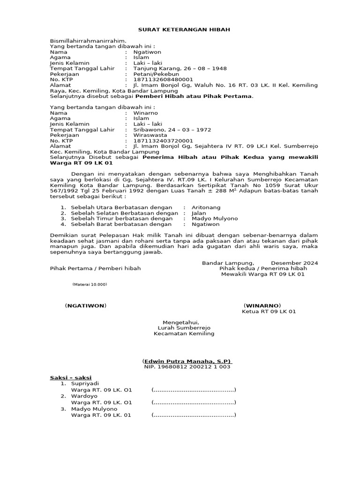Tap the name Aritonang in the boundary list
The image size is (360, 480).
[206, 207]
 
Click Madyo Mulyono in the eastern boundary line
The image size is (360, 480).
[215, 218]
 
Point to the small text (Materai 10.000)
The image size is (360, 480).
[90, 285]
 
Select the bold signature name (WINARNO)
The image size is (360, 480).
[264, 306]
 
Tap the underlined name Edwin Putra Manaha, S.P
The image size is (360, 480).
[187, 361]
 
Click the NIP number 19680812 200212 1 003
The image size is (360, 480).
[187, 367]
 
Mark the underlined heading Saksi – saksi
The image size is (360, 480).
[71, 378]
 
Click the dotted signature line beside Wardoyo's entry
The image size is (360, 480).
[193, 402]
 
